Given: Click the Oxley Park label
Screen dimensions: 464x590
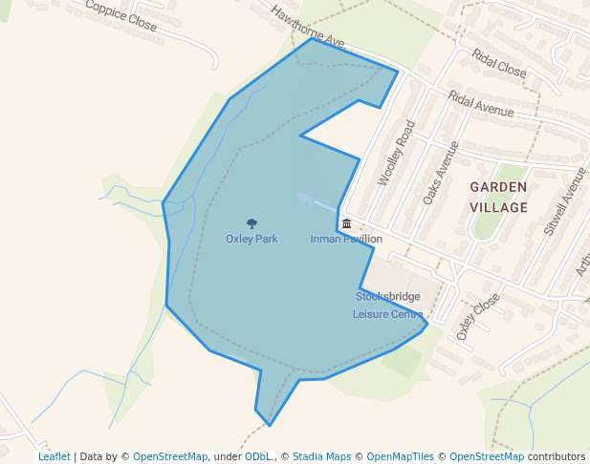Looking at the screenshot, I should click(251, 239).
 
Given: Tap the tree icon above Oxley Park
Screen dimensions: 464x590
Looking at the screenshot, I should click(251, 224).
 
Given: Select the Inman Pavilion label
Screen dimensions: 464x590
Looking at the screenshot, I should click(346, 239).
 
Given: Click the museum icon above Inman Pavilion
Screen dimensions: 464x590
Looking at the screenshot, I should click(346, 223).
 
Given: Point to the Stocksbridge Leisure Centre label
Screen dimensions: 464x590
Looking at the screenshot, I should click(388, 306).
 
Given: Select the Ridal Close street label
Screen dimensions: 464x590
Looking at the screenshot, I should click(498, 62).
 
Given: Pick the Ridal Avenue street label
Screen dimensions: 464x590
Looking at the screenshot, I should click(481, 105).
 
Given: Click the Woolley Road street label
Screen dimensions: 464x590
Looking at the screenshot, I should click(397, 153).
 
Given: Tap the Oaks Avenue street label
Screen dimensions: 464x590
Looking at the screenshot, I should click(435, 174).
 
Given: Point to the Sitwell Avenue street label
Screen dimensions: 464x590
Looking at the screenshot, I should click(563, 200).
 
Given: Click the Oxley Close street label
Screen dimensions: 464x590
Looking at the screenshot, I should click(477, 316).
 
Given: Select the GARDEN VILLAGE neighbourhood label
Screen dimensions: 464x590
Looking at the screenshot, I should click(498, 198).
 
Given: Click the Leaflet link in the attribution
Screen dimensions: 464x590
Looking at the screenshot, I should click(55, 456).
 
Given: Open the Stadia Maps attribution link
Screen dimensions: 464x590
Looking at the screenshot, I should click(320, 456).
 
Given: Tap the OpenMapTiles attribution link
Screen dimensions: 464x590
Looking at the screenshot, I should click(400, 456).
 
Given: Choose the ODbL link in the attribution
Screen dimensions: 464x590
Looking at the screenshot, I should click(257, 456).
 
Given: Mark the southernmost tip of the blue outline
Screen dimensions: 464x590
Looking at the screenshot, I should click(270, 425).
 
